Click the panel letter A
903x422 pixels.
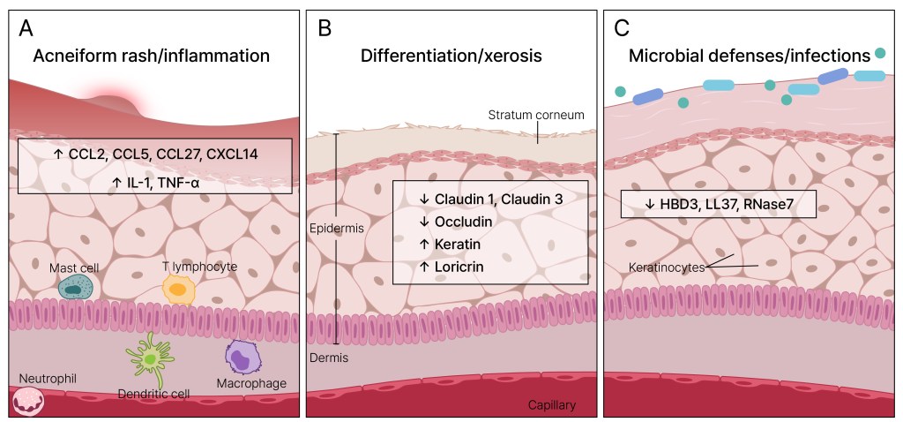tap(26, 28)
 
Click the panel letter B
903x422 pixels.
tap(324, 28)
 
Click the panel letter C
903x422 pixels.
tap(621, 28)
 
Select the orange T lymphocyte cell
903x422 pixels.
tap(178, 289)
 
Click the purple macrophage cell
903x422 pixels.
tap(245, 358)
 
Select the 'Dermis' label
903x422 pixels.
tap(328, 358)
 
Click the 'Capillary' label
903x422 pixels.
tap(551, 405)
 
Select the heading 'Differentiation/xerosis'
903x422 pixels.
tap(451, 56)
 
